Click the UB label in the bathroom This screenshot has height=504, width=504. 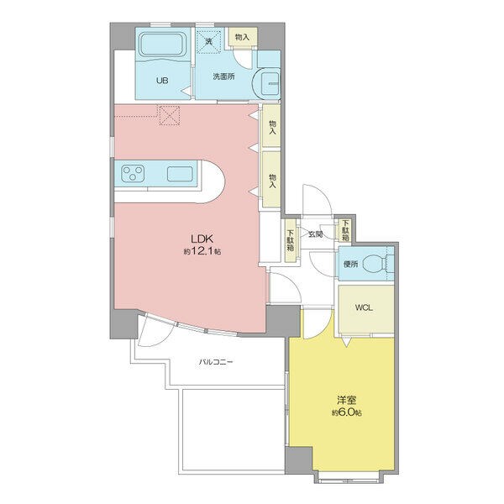point(162,81)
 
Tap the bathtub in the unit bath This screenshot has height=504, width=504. point(164,45)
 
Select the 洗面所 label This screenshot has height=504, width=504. point(223,76)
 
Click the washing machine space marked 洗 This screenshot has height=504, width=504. point(209,41)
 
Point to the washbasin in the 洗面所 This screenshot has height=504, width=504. point(270,83)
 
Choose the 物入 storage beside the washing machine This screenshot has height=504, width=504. point(243,37)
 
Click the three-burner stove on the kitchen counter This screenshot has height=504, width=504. point(133,173)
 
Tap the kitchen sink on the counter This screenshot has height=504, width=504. point(180,174)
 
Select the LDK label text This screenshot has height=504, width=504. point(202,239)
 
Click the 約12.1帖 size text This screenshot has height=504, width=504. point(202,251)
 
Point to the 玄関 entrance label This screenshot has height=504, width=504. point(315,234)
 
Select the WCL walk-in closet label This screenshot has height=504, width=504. point(364,307)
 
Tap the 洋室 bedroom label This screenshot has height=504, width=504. point(346,401)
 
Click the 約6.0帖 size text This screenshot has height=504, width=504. point(347,412)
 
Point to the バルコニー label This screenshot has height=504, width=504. point(216,362)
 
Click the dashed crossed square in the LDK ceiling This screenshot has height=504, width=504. point(170,115)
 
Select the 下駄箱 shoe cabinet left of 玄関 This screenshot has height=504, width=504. point(291,240)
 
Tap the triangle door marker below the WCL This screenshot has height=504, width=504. point(346,342)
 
